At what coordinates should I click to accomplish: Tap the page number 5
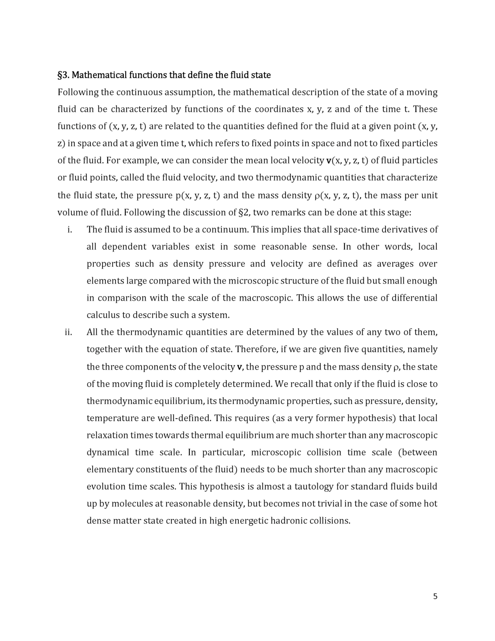point(435,596)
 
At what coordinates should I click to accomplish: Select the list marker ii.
point(68,333)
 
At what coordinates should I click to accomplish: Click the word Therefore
point(256,350)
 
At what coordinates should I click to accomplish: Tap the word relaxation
point(108,435)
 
